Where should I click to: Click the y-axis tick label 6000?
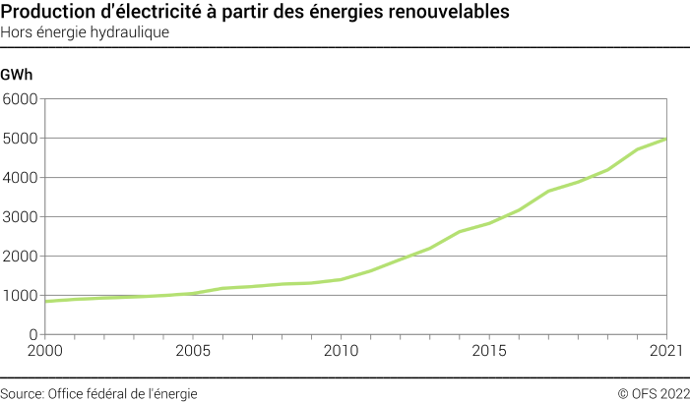20,99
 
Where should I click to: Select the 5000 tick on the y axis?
20,139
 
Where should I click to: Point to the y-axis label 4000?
20,178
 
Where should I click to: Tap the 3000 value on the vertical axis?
20,217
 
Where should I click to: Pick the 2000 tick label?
20,257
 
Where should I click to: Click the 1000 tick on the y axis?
20,296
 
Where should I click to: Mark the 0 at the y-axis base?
32,335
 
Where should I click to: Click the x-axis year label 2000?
43,351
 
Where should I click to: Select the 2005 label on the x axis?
192,351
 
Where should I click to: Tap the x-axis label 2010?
341,351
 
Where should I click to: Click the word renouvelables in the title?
454,13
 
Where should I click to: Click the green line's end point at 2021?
667,139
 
